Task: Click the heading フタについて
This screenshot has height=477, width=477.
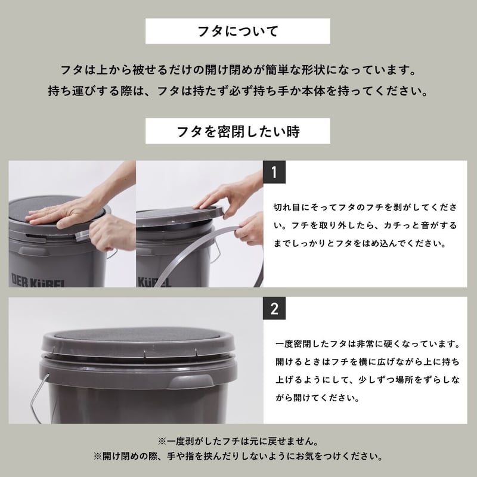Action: [x=238, y=31]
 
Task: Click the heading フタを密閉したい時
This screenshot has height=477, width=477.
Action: [x=238, y=130]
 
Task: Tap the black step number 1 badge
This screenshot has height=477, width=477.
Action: [x=274, y=172]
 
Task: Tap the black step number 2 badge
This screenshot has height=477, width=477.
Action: [x=274, y=309]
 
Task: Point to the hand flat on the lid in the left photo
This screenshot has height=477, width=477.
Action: [x=66, y=212]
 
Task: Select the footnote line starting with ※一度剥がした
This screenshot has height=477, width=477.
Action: [x=238, y=442]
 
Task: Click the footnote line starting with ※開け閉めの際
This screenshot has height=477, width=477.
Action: [x=238, y=457]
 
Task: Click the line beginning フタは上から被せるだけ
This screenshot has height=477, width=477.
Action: [x=238, y=70]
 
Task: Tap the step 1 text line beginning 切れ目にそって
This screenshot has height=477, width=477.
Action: [x=367, y=206]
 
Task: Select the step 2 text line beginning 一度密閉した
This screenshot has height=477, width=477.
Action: [x=368, y=344]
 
